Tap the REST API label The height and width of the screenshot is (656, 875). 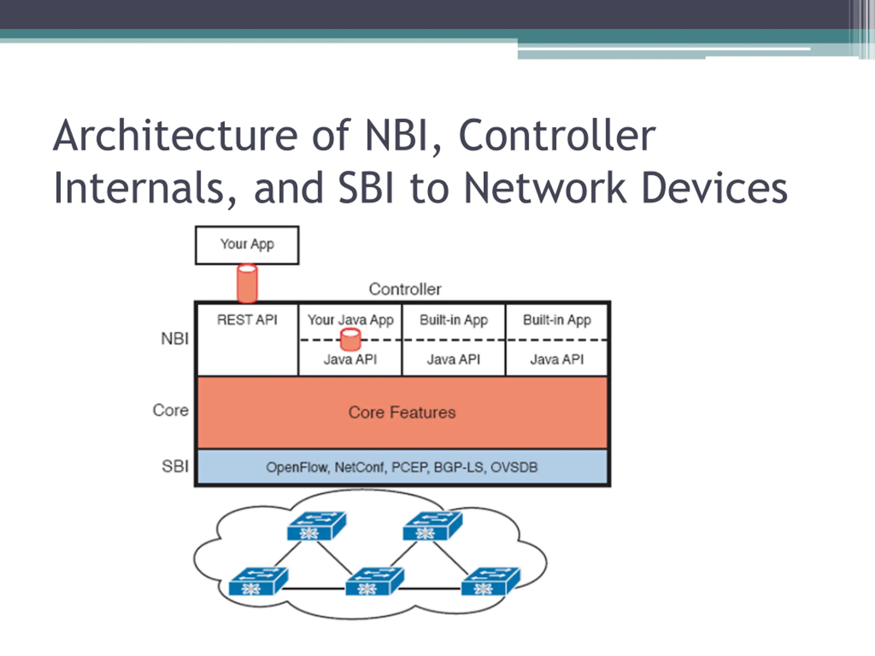247,319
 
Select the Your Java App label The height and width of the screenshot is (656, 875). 350,320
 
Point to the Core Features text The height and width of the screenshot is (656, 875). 402,412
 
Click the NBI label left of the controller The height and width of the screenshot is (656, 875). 174,339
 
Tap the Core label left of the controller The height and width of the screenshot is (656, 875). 171,410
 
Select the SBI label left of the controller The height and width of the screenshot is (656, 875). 175,467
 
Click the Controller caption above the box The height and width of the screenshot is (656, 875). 405,289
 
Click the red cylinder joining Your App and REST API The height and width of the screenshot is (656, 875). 247,284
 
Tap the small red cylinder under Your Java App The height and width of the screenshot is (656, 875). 350,340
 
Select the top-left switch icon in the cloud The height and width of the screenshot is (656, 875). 317,526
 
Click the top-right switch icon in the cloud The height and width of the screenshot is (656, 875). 432,526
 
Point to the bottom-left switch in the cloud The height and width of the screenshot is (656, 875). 259,581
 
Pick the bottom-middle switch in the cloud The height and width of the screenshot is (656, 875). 375,581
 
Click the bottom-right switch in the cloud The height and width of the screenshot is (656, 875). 490,581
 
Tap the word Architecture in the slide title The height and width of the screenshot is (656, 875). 175,136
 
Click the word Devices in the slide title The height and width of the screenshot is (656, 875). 714,188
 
